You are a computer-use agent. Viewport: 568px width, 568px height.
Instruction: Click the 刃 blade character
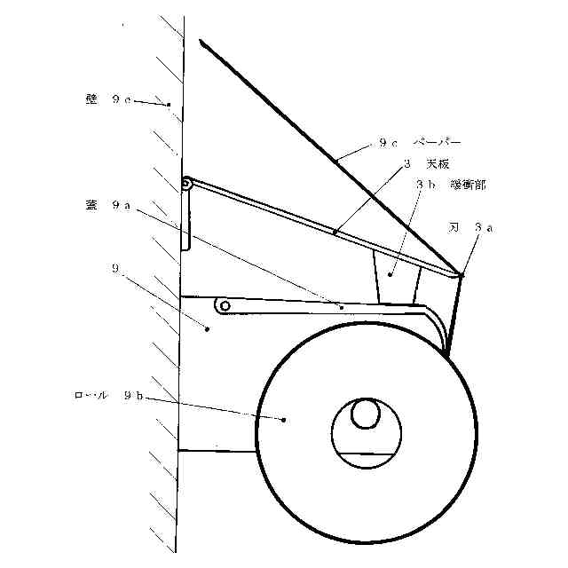click(454, 227)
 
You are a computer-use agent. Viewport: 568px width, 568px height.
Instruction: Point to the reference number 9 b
click(128, 396)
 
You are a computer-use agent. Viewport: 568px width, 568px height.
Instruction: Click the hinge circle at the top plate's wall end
click(187, 185)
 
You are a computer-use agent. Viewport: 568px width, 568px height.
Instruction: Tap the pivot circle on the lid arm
click(225, 306)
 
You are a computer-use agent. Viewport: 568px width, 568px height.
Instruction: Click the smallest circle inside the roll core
click(364, 414)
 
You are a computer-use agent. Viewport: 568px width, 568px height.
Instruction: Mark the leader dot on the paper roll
click(284, 419)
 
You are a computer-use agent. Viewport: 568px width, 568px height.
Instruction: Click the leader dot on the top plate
click(335, 233)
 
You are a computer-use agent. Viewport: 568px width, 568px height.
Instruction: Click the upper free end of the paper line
click(201, 42)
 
